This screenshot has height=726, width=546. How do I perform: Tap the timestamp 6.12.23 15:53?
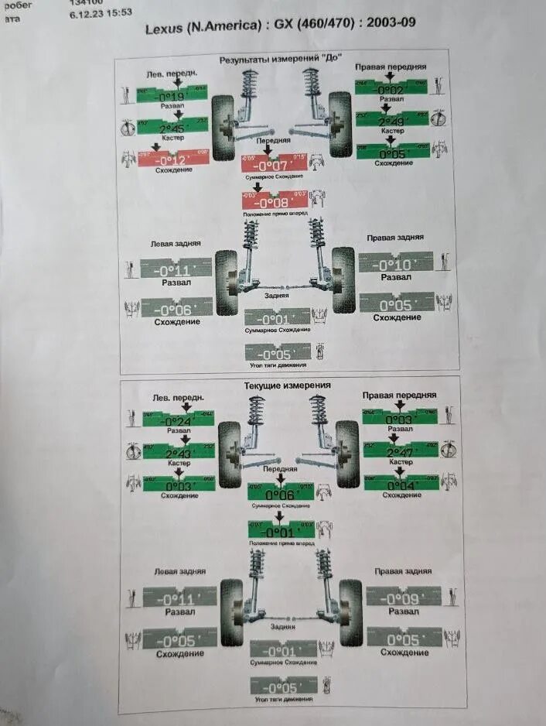101,13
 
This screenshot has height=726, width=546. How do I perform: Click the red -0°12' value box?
172,158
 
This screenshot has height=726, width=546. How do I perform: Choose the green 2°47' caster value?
400,450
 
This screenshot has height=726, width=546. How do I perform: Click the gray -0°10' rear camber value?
395,265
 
